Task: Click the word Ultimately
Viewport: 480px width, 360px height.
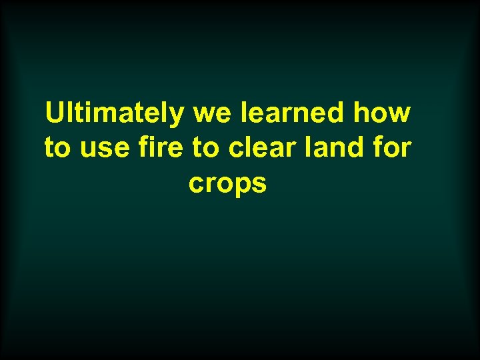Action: (x=114, y=113)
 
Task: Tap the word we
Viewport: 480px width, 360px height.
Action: (x=209, y=115)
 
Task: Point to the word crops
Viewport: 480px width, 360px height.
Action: (x=228, y=183)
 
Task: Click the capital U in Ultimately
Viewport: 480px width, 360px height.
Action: (x=54, y=113)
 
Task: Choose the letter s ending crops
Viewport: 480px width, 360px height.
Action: (x=259, y=183)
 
